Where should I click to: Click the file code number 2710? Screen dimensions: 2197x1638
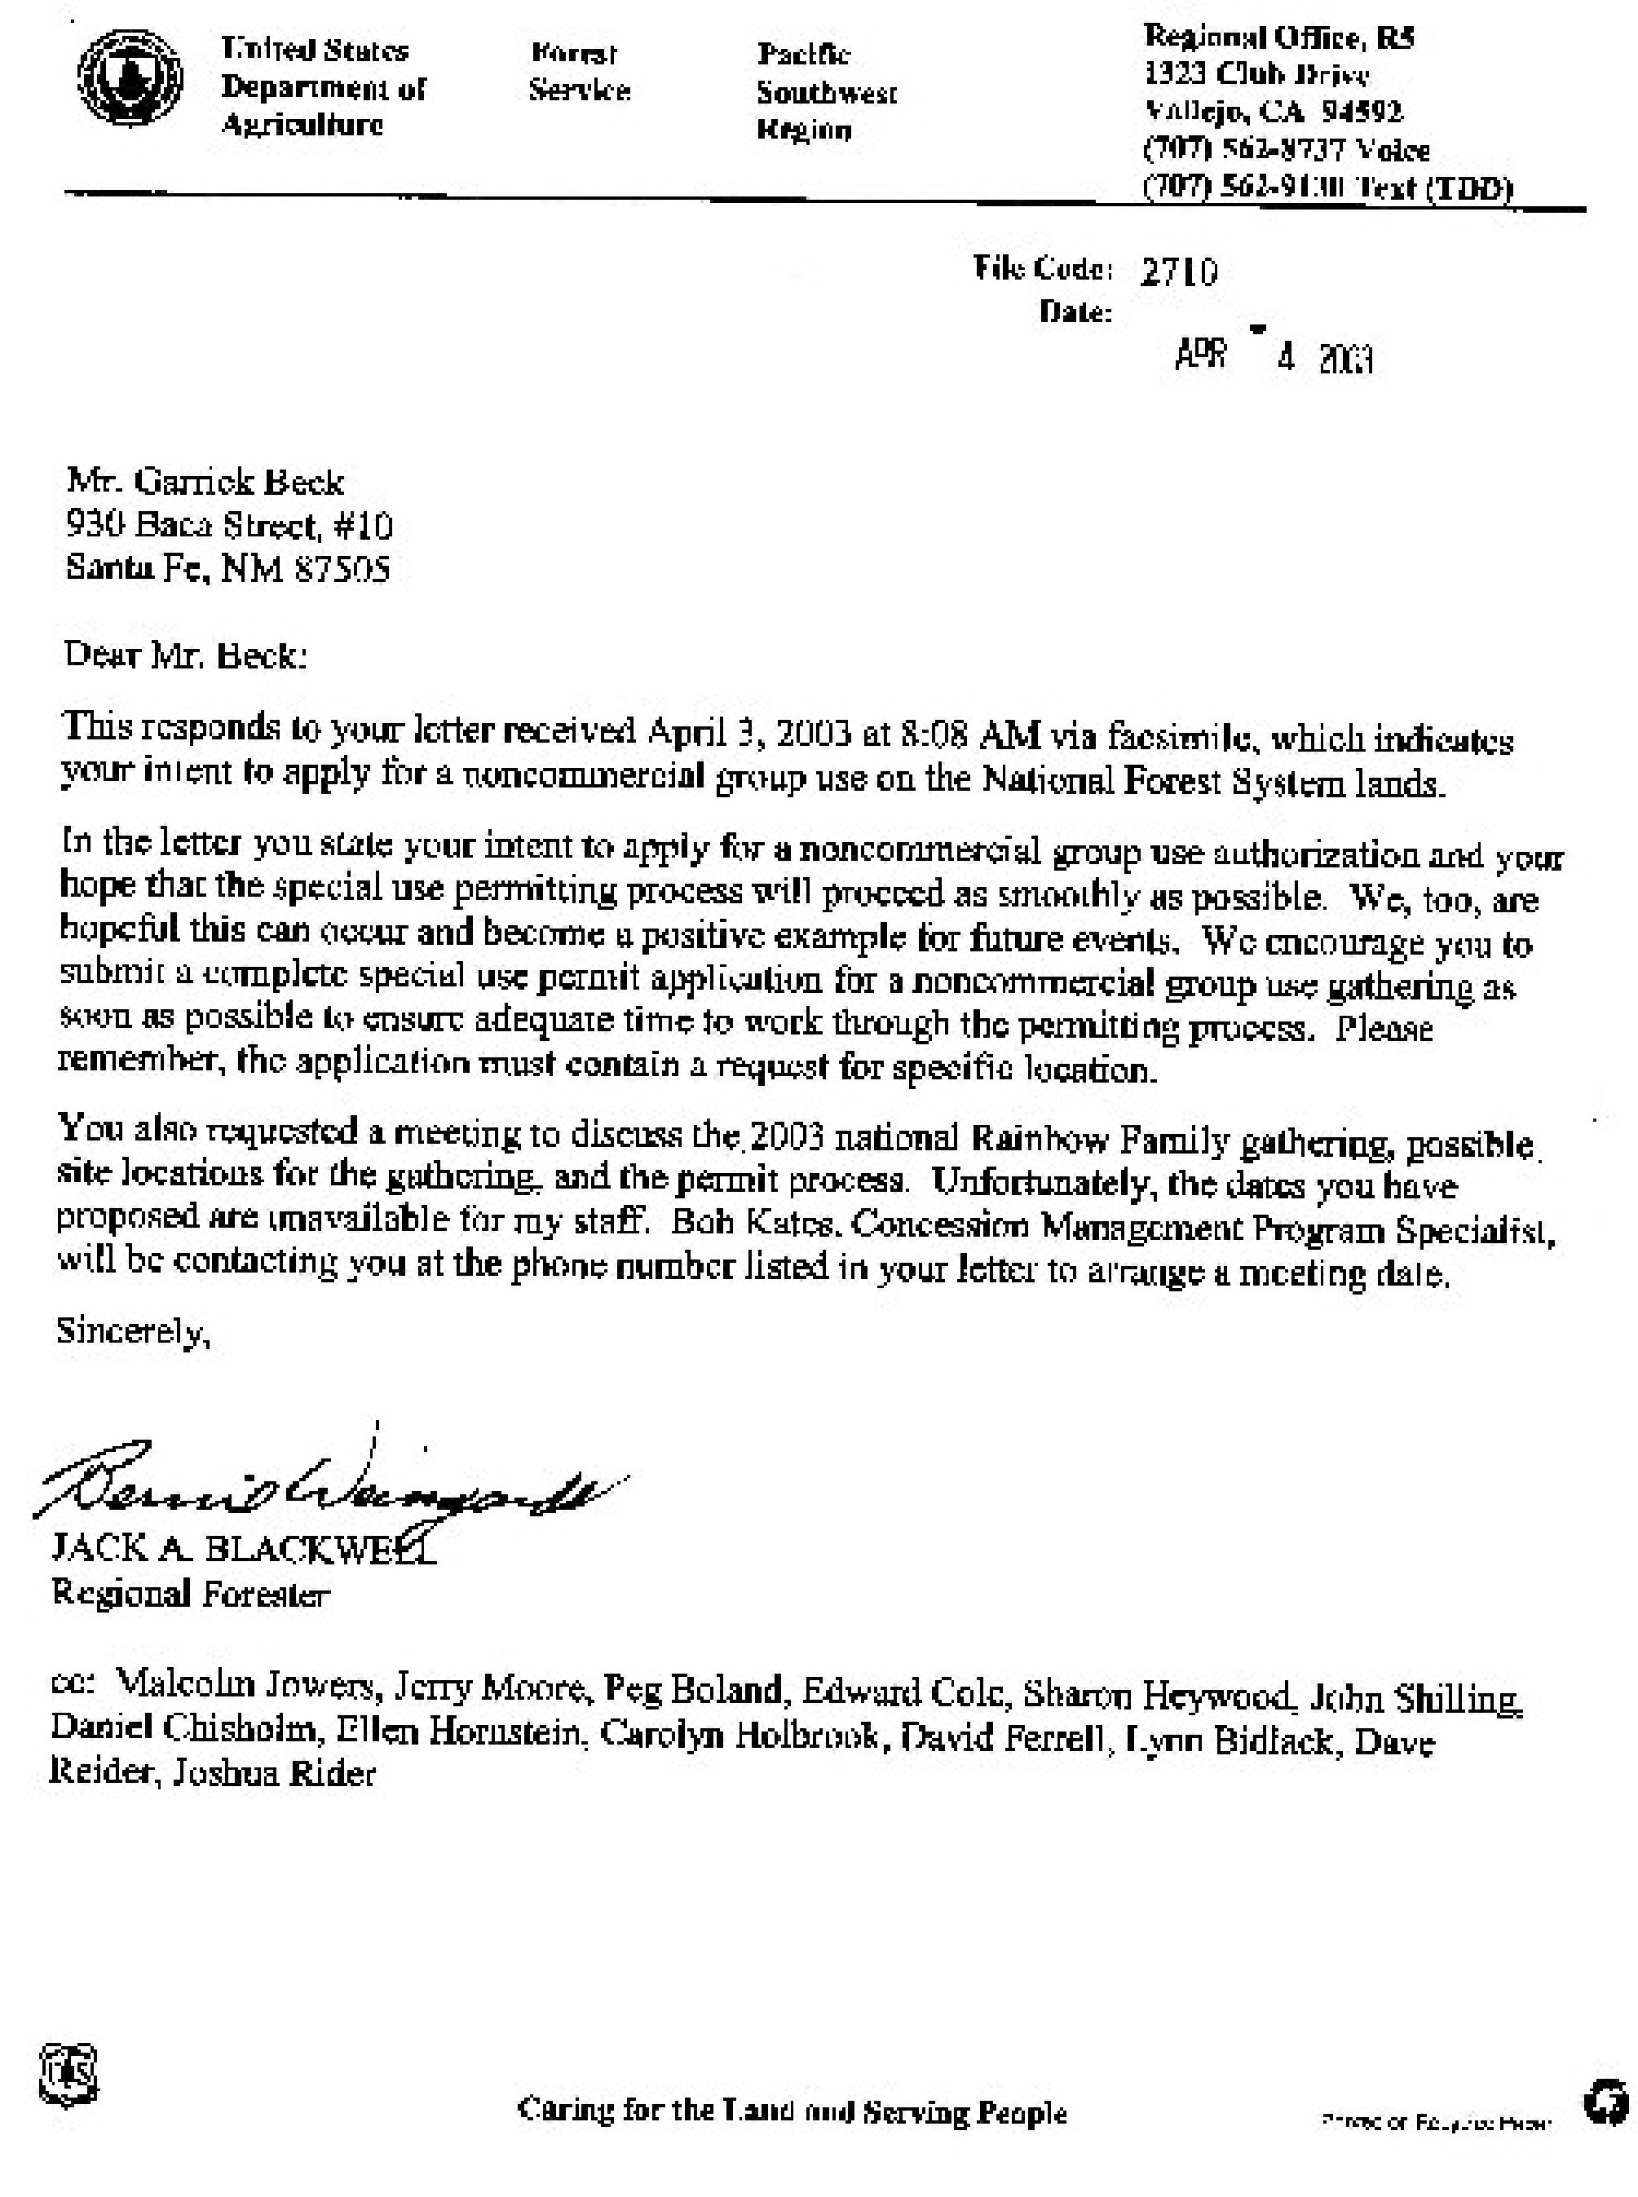click(1178, 271)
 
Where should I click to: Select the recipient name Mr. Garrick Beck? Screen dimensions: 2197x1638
click(205, 482)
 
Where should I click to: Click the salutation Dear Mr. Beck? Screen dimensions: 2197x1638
click(185, 655)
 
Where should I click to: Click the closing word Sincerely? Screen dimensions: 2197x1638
click(133, 1331)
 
